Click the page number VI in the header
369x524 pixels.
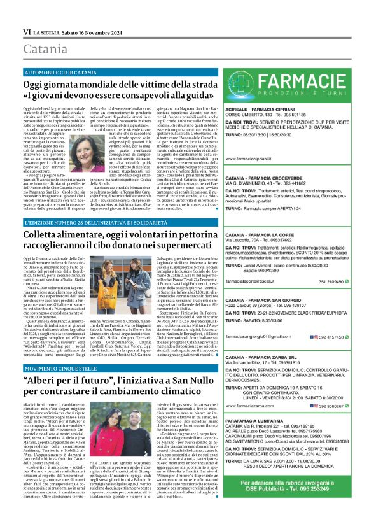[27, 31]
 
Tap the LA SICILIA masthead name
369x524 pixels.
[50, 31]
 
